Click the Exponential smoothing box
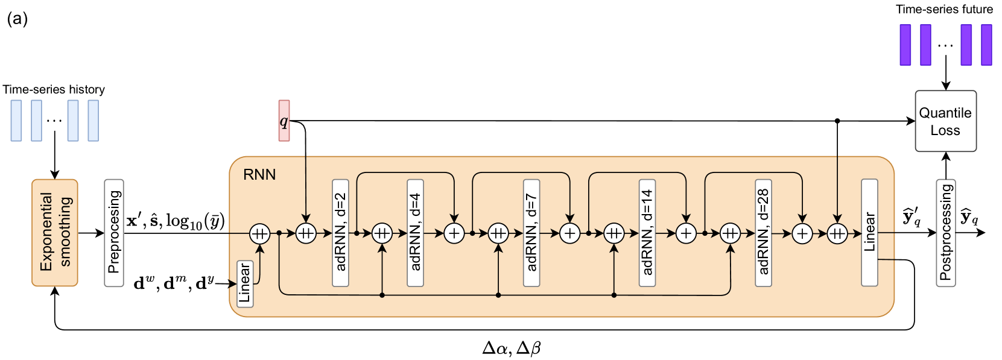point(55,233)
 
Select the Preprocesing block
point(114,233)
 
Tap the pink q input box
point(284,121)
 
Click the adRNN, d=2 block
point(340,233)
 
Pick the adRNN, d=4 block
point(415,233)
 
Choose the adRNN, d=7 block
point(531,233)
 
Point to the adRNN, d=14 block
point(647,233)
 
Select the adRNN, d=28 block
point(763,233)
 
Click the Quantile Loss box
point(945,121)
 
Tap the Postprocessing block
point(946,233)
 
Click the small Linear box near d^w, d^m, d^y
point(245,284)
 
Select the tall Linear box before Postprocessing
point(869,233)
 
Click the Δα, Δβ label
point(511,349)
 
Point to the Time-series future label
point(944,9)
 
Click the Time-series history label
point(54,89)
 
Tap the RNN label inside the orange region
point(259,174)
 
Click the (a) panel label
point(17,19)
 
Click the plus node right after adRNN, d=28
point(802,233)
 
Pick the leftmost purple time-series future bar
point(905,45)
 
